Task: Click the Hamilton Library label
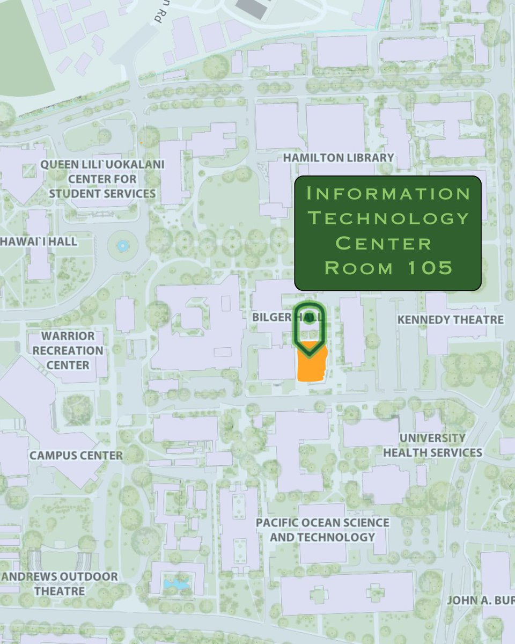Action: tap(339, 158)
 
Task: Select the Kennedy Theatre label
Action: tap(450, 320)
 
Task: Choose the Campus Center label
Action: tap(76, 456)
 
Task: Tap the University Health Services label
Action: tap(432, 445)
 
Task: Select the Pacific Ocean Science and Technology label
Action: tap(322, 530)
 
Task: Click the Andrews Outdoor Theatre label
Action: tap(60, 584)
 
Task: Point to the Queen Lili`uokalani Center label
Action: tap(102, 178)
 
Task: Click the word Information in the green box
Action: tap(388, 194)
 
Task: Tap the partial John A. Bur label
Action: tap(480, 600)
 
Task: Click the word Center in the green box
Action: tap(384, 243)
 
